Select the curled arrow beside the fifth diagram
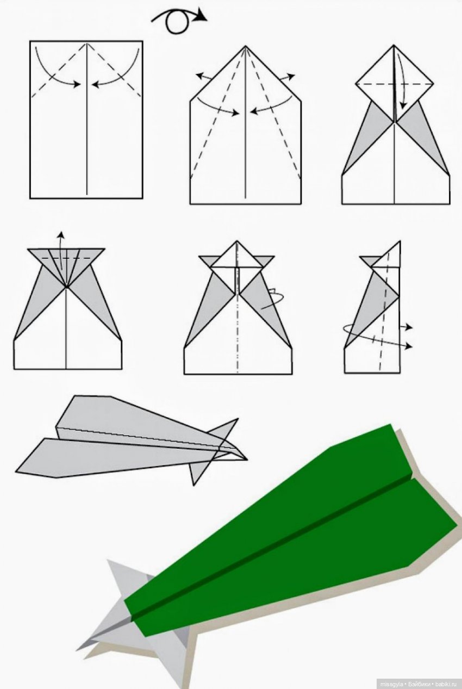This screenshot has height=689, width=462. pos(273,298)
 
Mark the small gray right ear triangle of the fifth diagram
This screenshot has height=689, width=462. pos(266,260)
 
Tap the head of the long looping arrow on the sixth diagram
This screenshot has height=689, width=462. pos(409,346)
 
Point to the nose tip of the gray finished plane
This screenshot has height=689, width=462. pos(247,460)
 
